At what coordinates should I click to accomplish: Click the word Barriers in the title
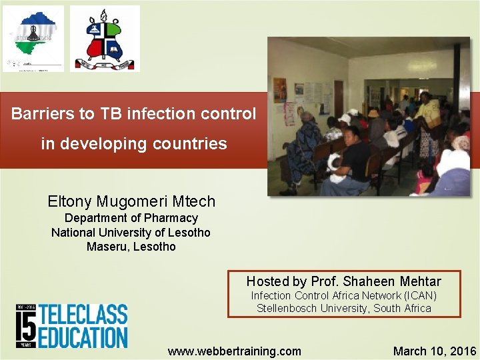43,114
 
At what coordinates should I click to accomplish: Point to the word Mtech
193,201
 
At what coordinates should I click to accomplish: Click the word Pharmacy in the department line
173,218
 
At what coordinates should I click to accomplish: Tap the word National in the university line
74,233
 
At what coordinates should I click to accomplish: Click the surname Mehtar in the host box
420,281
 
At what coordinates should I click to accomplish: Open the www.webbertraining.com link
234,351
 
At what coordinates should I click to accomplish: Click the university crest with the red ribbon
105,39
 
